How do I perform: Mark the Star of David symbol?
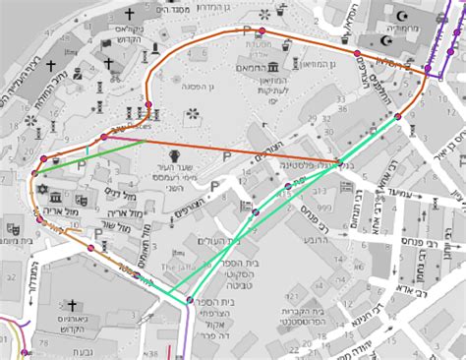point(42,186)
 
